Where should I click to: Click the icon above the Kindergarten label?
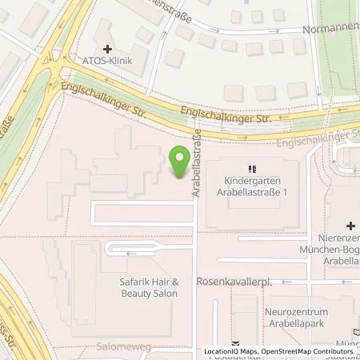(x=251, y=169)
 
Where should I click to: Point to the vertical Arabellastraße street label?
(x=194, y=166)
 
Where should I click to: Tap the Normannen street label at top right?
(x=330, y=29)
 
